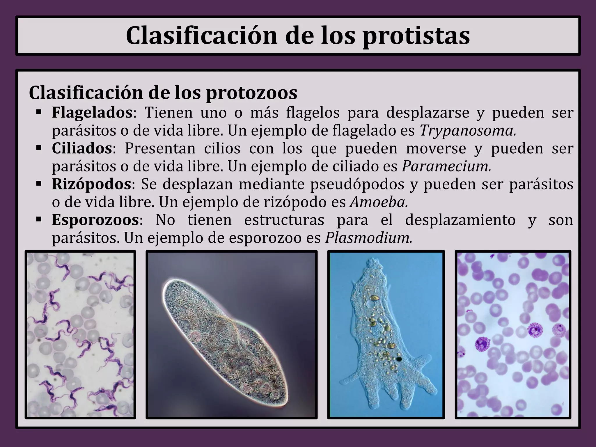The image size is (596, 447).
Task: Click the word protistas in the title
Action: tap(416, 36)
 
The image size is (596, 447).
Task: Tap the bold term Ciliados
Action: tap(82, 148)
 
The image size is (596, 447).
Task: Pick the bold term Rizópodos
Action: tap(91, 184)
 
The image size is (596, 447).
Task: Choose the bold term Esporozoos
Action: tap(95, 220)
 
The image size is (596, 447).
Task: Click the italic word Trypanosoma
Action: tap(468, 131)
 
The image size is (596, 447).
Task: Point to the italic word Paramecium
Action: tap(446, 166)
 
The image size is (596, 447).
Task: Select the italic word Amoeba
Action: tap(379, 202)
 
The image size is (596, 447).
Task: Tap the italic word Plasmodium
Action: tap(369, 238)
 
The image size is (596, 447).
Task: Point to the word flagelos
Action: tap(313, 113)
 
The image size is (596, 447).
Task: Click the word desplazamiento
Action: tap(460, 220)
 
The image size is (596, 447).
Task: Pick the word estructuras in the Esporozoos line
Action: tap(284, 220)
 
